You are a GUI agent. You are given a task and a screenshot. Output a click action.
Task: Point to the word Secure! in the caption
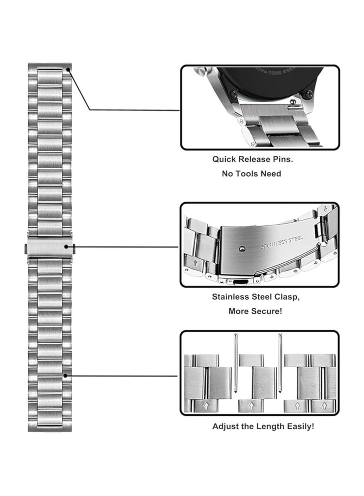[x=266, y=311]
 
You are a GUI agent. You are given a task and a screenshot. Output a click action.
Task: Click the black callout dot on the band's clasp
[x=67, y=247]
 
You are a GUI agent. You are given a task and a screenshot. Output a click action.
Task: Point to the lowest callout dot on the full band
[x=66, y=376]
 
